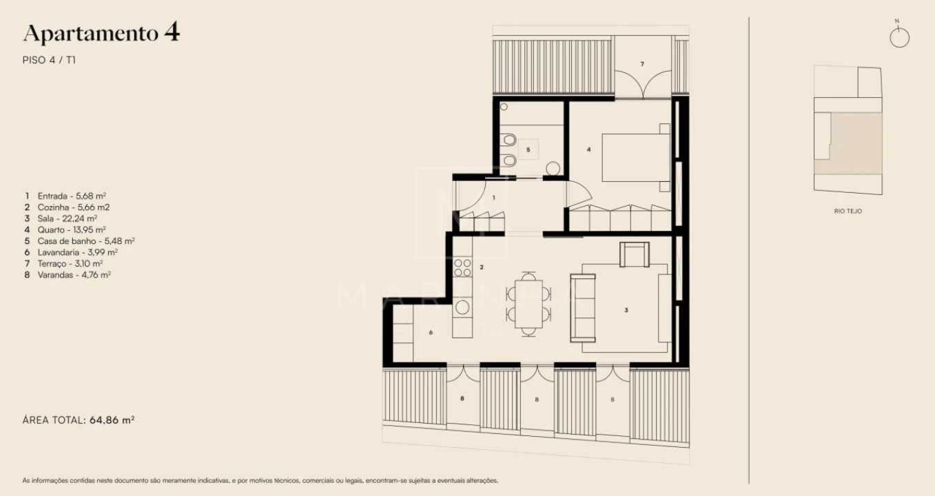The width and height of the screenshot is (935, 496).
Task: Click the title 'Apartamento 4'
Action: (x=101, y=33)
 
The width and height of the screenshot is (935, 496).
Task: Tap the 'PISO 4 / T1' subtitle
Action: (x=49, y=60)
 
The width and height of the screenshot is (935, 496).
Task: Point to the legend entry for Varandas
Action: (x=68, y=274)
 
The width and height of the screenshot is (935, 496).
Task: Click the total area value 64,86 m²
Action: (x=112, y=419)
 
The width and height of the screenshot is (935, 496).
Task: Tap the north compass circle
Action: (x=899, y=38)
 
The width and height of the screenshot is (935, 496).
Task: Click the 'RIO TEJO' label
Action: (x=847, y=211)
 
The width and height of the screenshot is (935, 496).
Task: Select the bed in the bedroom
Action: (x=636, y=158)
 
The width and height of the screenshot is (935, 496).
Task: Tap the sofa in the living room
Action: (x=583, y=308)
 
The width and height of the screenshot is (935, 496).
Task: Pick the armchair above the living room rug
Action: (x=634, y=255)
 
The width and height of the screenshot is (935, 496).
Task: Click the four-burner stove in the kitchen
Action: (x=462, y=267)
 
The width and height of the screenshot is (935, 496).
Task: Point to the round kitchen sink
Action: (x=462, y=307)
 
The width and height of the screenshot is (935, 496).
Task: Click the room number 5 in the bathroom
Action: (x=528, y=149)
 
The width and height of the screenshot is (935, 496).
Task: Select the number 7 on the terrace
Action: (x=641, y=64)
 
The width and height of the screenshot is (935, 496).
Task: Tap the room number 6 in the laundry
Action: (x=431, y=332)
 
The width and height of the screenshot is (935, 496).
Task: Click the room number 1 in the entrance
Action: (x=493, y=198)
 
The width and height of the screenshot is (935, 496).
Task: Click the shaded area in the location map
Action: (x=856, y=143)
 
